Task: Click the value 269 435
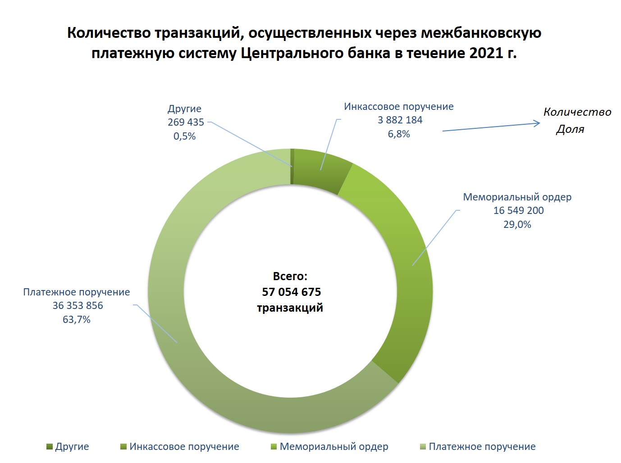[x=186, y=122]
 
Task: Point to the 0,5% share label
[x=184, y=136]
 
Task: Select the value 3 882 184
[x=400, y=120]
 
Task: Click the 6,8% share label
[x=399, y=134]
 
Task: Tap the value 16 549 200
[x=518, y=210]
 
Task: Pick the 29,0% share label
[x=517, y=224]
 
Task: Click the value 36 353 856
[x=78, y=305]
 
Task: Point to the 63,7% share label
[x=77, y=319]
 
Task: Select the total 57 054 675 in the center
[x=291, y=292]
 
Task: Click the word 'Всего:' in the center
[x=290, y=276]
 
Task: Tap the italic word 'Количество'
[x=577, y=112]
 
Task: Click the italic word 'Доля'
[x=570, y=129]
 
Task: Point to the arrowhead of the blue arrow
[x=537, y=123]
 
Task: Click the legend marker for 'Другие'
[x=50, y=447]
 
